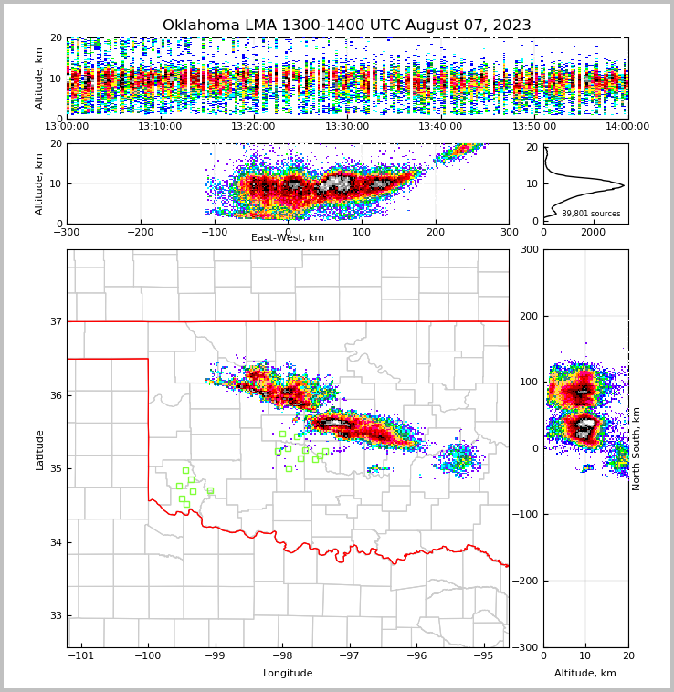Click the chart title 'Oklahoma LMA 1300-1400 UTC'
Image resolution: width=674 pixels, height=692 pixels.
[x=346, y=26]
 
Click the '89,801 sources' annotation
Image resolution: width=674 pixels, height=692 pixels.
[x=591, y=214]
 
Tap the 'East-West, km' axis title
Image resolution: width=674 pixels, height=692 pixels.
[x=288, y=238]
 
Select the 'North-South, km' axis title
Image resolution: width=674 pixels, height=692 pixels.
[x=637, y=448]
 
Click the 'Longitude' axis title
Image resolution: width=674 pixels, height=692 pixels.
[x=288, y=674]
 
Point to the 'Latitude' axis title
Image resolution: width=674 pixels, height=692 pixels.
[x=40, y=449]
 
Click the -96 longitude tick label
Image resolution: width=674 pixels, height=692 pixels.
[x=416, y=655]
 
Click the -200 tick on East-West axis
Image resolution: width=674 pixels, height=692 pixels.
[x=140, y=232]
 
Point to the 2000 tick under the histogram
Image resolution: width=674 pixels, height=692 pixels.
[x=593, y=232]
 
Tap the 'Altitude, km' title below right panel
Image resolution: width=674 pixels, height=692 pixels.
[x=585, y=674]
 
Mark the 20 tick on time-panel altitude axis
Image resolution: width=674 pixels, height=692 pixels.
[x=57, y=38]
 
